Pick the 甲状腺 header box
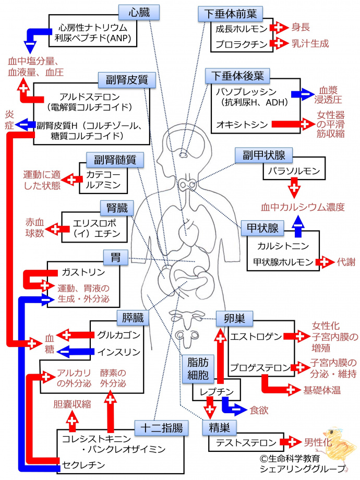pyautogui.click(x=262, y=228)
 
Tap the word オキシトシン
pyautogui.click(x=242, y=124)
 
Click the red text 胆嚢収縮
pyautogui.click(x=71, y=403)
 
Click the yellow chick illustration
pyautogui.click(x=336, y=440)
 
